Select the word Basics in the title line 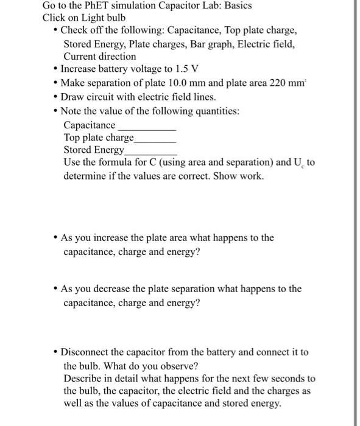[236, 5]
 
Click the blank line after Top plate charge [155, 141]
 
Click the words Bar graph [213, 44]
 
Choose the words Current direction [100, 56]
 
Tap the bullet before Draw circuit [55, 97]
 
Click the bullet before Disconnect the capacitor [55, 352]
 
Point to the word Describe [83, 379]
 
